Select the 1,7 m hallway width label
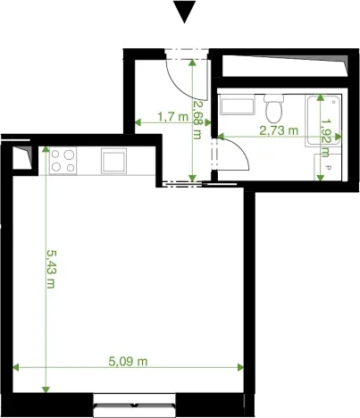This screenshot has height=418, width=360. tap(172, 116)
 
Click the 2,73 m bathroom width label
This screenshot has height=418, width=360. tap(278, 130)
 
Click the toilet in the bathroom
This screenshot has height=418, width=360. tap(274, 110)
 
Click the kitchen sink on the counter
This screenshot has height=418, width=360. tap(115, 162)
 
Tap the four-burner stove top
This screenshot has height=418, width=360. tap(63, 161)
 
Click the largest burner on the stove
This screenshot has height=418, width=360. tap(69, 166)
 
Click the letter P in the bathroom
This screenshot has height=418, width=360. tap(328, 167)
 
